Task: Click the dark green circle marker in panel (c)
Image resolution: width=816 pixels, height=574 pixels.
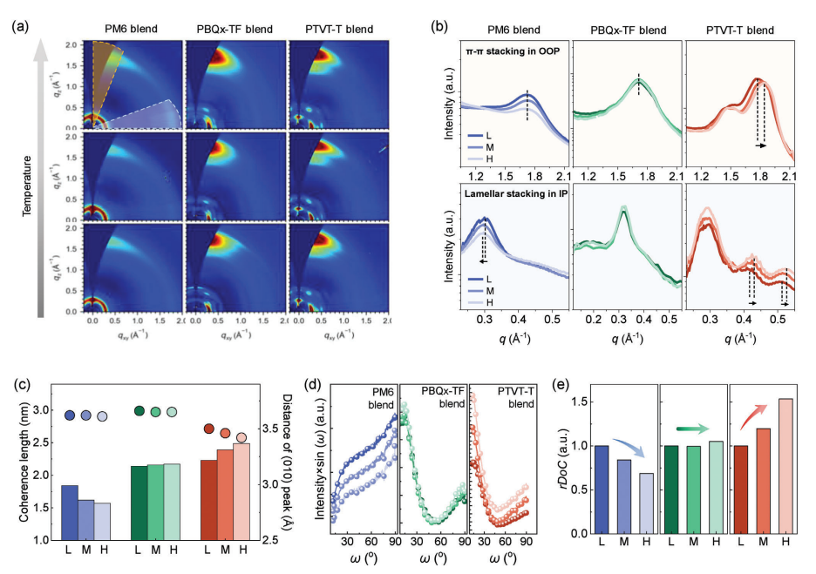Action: coord(139,411)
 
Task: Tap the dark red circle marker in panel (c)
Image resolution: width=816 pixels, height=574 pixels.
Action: coord(209,429)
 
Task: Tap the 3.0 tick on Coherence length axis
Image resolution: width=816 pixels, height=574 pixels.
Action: coord(43,409)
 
